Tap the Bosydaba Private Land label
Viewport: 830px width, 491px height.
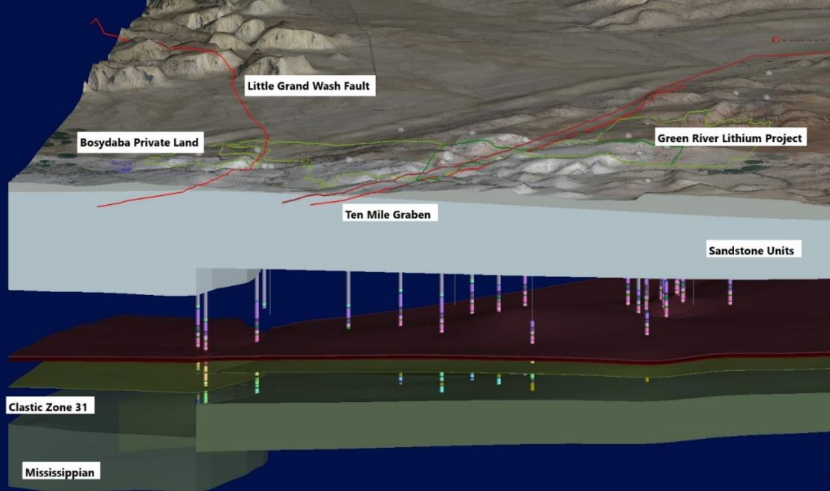[140, 143]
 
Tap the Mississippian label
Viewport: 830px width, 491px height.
[60, 472]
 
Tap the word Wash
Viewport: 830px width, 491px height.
[325, 86]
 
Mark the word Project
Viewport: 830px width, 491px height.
[781, 139]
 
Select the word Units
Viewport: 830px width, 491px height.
[780, 251]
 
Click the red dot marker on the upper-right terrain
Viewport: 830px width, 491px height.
[775, 40]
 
